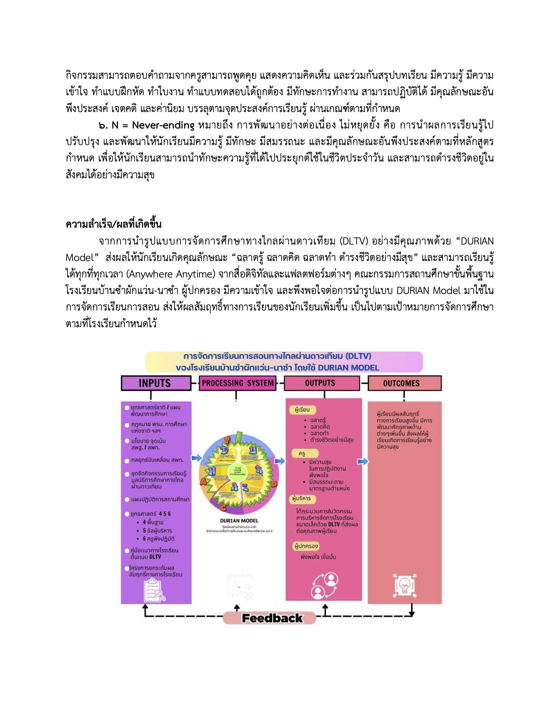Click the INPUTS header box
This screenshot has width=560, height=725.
click(155, 383)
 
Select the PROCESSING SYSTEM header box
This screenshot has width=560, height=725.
click(237, 383)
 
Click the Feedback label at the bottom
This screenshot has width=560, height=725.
click(272, 618)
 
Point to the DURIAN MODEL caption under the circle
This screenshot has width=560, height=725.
click(239, 521)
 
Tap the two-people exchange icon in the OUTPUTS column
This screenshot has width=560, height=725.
click(324, 586)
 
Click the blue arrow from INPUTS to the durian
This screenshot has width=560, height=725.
click(197, 458)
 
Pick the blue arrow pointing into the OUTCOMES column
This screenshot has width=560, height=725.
click(363, 461)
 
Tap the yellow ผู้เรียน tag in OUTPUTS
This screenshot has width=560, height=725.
click(302, 410)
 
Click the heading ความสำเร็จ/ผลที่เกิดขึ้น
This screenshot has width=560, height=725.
click(114, 224)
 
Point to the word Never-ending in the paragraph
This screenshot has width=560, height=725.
click(163, 125)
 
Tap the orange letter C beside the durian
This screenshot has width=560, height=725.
click(223, 507)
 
